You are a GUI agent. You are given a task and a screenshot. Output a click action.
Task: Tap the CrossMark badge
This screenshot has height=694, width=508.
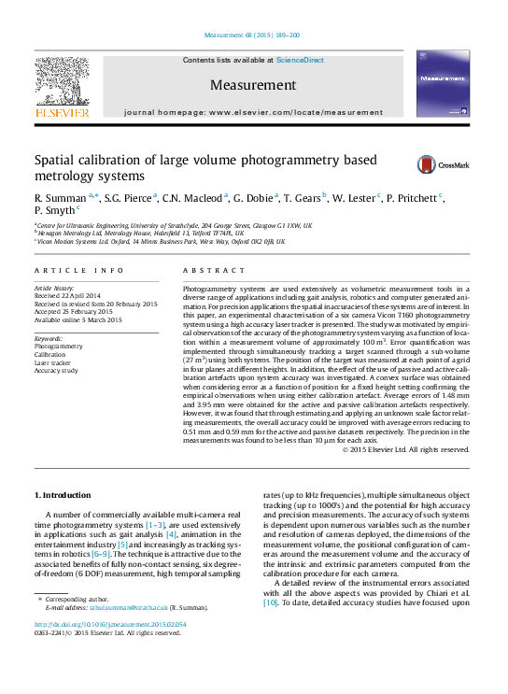(430, 164)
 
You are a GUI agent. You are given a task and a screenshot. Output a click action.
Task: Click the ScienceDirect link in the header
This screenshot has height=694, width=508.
(300, 60)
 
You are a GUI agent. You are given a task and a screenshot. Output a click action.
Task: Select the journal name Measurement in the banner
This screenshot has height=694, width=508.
(253, 85)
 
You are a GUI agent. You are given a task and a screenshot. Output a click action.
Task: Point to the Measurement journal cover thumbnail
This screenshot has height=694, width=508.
(444, 85)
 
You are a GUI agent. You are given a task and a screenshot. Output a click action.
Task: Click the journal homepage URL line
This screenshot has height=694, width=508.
(253, 111)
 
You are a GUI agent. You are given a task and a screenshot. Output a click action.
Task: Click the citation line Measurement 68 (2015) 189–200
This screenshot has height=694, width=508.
(253, 35)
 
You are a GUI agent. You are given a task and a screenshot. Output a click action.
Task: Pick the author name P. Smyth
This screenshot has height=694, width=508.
(55, 211)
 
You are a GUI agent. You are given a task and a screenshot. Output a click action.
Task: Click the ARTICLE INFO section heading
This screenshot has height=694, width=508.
(78, 270)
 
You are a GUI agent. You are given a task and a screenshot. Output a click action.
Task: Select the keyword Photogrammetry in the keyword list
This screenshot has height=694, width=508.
(58, 347)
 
